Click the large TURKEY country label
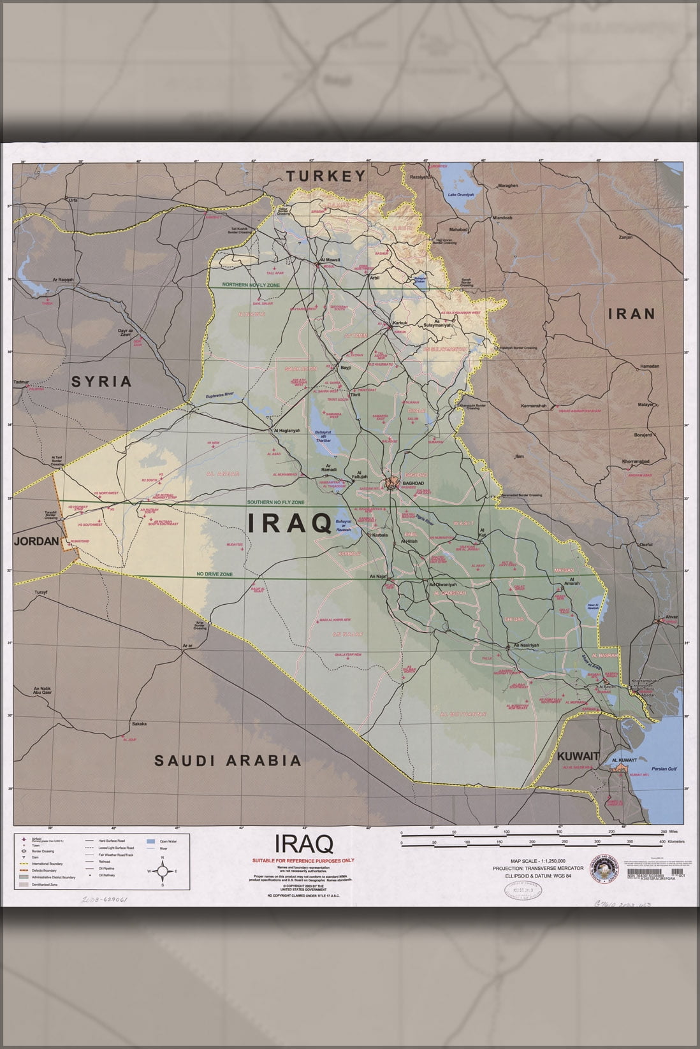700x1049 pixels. click(x=325, y=176)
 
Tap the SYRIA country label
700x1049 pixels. click(x=101, y=382)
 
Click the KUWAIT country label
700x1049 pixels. click(x=578, y=756)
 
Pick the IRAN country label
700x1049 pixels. click(x=631, y=314)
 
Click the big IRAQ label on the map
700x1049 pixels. click(x=288, y=523)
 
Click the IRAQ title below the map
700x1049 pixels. click(x=303, y=844)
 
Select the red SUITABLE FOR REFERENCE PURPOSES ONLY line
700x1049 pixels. click(x=303, y=861)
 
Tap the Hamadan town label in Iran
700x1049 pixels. click(x=650, y=366)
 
